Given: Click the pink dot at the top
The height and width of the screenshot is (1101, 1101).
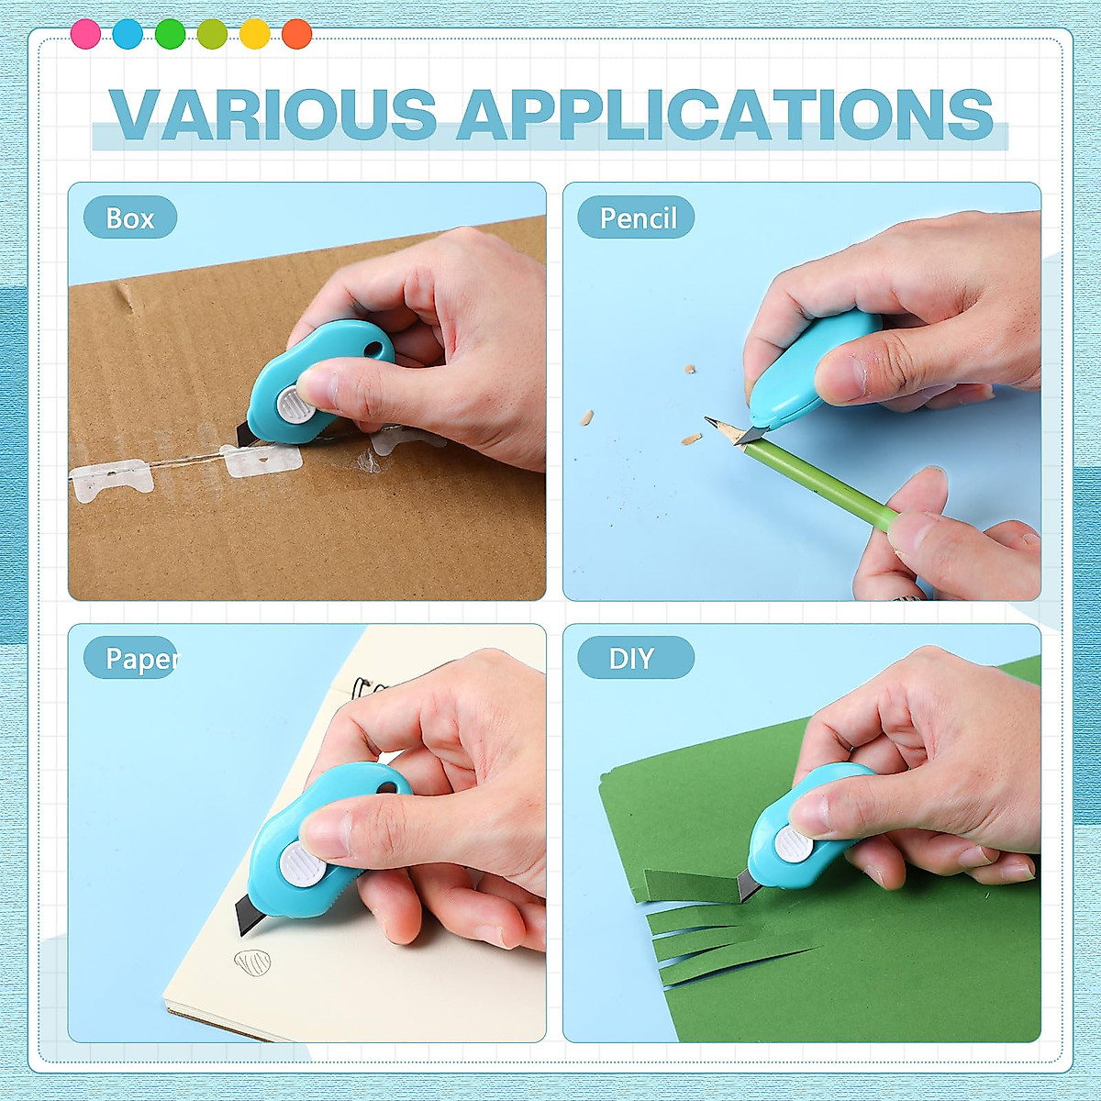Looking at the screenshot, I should pyautogui.click(x=85, y=34).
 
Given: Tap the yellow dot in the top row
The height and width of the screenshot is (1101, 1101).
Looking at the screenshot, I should pyautogui.click(x=254, y=34).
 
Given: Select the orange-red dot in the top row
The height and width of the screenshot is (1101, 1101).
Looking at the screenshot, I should pyautogui.click(x=296, y=34).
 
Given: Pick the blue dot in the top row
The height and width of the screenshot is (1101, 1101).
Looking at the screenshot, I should pyautogui.click(x=128, y=34).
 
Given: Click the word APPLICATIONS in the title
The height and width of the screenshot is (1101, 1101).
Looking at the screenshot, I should pyautogui.click(x=725, y=116).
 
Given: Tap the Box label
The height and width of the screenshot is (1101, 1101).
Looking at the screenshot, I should pyautogui.click(x=130, y=218).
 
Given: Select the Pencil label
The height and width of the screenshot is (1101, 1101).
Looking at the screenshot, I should pyautogui.click(x=637, y=218).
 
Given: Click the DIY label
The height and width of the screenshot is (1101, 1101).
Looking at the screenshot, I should pyautogui.click(x=632, y=658).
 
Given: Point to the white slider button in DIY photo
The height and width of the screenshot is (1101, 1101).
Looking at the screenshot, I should pyautogui.click(x=793, y=845).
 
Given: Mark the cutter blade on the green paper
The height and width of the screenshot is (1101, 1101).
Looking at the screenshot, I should pyautogui.click(x=747, y=884).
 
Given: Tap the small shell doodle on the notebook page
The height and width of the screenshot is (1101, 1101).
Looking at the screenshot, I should pyautogui.click(x=252, y=962).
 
